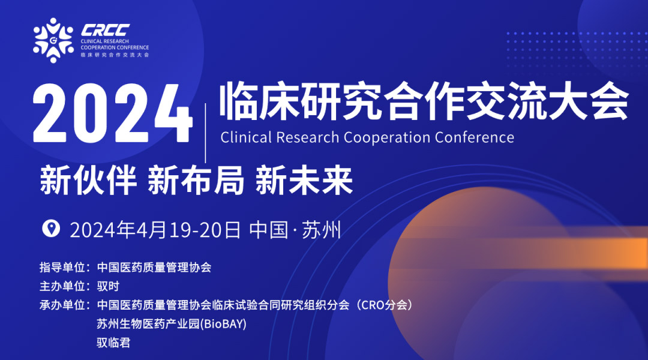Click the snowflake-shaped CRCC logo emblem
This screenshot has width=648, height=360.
coord(53,40)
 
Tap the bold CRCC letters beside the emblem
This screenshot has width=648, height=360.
coord(106,30)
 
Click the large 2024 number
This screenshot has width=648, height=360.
coord(112,113)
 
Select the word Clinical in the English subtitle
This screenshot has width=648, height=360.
coord(246,137)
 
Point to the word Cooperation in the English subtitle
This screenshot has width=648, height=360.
coord(387,137)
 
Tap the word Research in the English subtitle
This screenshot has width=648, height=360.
coord(307,137)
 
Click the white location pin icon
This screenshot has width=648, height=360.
coord(51,229)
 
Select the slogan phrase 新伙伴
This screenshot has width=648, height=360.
coord(88,181)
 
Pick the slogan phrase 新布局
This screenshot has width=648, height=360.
coord(196,181)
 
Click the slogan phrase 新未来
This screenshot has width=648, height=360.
coord(304,181)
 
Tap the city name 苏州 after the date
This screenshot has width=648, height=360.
coord(321,230)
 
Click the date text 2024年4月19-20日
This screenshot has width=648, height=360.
coord(155,230)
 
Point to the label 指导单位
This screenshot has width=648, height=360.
coord(62,268)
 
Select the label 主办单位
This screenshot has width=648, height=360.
coord(62,286)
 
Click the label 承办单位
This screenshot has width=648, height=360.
coord(62,305)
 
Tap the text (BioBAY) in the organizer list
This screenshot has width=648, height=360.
coord(223,324)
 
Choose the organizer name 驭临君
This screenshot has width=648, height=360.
coord(113,343)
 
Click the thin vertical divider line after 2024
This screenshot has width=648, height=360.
coord(205,133)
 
